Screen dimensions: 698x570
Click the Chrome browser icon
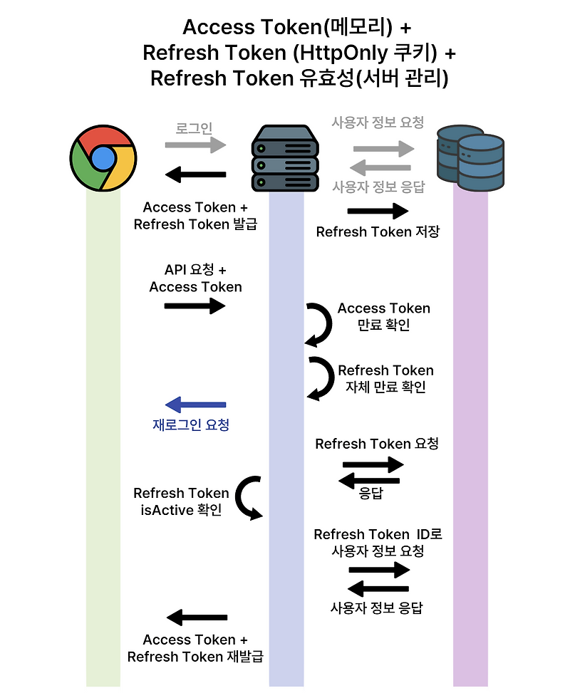pyautogui.click(x=103, y=157)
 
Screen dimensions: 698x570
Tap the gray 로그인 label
pyautogui.click(x=195, y=129)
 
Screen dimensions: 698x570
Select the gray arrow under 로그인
pyautogui.click(x=195, y=145)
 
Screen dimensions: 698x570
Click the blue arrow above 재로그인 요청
pyautogui.click(x=195, y=405)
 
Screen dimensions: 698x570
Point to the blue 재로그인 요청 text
pyautogui.click(x=191, y=425)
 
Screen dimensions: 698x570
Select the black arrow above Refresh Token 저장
pyautogui.click(x=378, y=211)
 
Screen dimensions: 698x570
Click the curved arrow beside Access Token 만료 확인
pyautogui.click(x=319, y=324)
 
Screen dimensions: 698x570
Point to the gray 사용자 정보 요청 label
pyautogui.click(x=378, y=122)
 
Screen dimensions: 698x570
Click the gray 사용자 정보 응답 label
pyautogui.click(x=378, y=187)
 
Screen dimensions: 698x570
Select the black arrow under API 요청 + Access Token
pyautogui.click(x=195, y=306)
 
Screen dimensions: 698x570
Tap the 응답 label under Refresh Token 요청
pyautogui.click(x=370, y=493)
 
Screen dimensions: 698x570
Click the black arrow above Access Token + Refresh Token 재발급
pyautogui.click(x=197, y=618)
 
